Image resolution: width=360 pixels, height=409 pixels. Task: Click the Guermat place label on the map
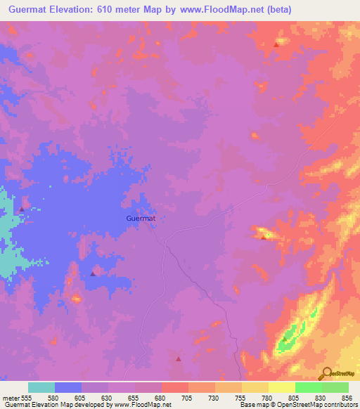pyautogui.click(x=141, y=219)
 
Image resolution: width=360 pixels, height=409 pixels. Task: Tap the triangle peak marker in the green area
pyautogui.click(x=284, y=339)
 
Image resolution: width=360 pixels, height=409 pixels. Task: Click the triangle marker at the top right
pyautogui.click(x=276, y=44)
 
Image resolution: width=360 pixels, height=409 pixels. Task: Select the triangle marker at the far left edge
pyautogui.click(x=22, y=209)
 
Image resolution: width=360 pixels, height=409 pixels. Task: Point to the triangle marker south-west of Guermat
pyautogui.click(x=93, y=274)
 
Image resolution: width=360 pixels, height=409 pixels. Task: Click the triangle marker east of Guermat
pyautogui.click(x=264, y=238)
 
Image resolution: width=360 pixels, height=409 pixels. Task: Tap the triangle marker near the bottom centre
pyautogui.click(x=178, y=358)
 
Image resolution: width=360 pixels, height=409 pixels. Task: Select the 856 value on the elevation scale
pyautogui.click(x=347, y=398)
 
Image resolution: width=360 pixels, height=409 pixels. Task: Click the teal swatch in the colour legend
pyautogui.click(x=41, y=387)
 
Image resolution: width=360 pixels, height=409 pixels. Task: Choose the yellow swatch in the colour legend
pyautogui.click(x=281, y=387)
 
